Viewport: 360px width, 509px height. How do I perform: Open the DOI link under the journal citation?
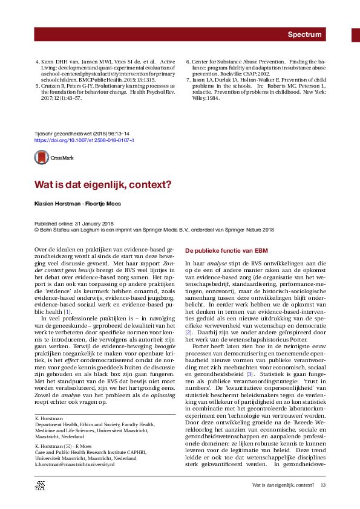click(x=84, y=140)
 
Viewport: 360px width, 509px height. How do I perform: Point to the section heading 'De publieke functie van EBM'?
click(x=222, y=250)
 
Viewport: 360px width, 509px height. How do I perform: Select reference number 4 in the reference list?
click(x=36, y=62)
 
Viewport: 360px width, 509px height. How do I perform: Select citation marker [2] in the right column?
click(x=188, y=332)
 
